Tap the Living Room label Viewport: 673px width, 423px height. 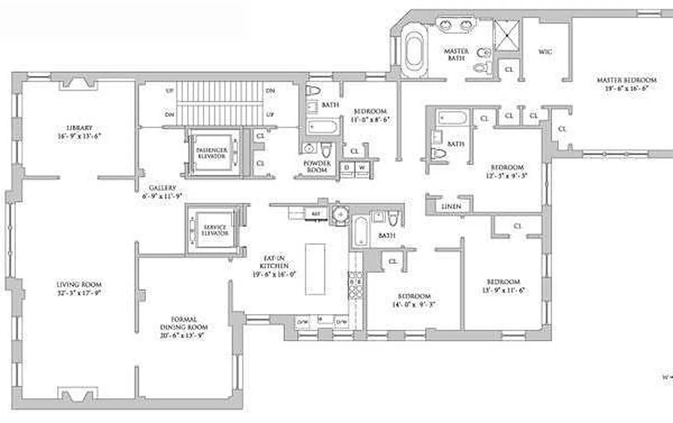79,284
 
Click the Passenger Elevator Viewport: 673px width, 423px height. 211,153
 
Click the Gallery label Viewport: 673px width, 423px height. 162,188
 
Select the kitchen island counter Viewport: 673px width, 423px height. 315,269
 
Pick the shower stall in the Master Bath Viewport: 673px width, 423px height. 506,34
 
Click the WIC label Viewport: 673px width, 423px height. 545,52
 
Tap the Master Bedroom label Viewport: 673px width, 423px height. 626,80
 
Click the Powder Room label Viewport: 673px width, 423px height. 317,163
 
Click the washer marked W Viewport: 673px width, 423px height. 362,168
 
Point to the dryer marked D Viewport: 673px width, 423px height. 347,168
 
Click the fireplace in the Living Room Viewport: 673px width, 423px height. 77,394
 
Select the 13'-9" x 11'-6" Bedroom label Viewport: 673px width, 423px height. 503,282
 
